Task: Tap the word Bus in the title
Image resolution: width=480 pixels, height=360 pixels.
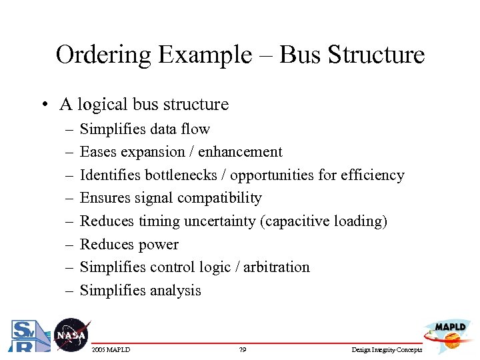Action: point(300,55)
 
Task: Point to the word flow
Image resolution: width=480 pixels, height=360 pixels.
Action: point(197,129)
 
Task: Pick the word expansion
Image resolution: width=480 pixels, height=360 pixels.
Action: point(155,152)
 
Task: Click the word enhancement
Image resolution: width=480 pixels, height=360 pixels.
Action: point(241,152)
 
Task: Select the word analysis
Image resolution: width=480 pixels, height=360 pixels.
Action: point(173,290)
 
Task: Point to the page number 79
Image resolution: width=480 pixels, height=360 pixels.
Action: point(242,349)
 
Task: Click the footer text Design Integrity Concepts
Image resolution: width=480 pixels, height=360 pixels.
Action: point(387,349)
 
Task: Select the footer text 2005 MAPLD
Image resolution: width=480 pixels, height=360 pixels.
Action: point(111,349)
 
